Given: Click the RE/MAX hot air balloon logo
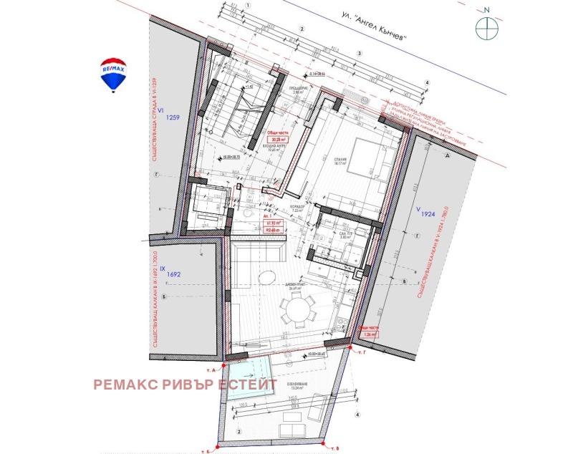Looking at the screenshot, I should click(112, 74).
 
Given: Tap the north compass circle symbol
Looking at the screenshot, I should click(487, 27).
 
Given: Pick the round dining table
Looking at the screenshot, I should click(297, 311).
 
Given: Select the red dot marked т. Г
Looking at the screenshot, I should click(350, 347).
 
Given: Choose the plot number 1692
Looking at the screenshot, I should click(174, 274).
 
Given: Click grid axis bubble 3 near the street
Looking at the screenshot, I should click(360, 54).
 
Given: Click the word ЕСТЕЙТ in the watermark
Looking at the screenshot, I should click(247, 385).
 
